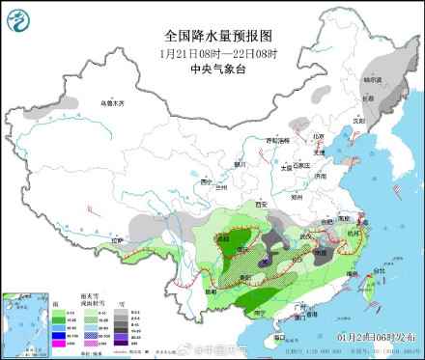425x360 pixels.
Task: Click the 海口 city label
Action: pos(278,338)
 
